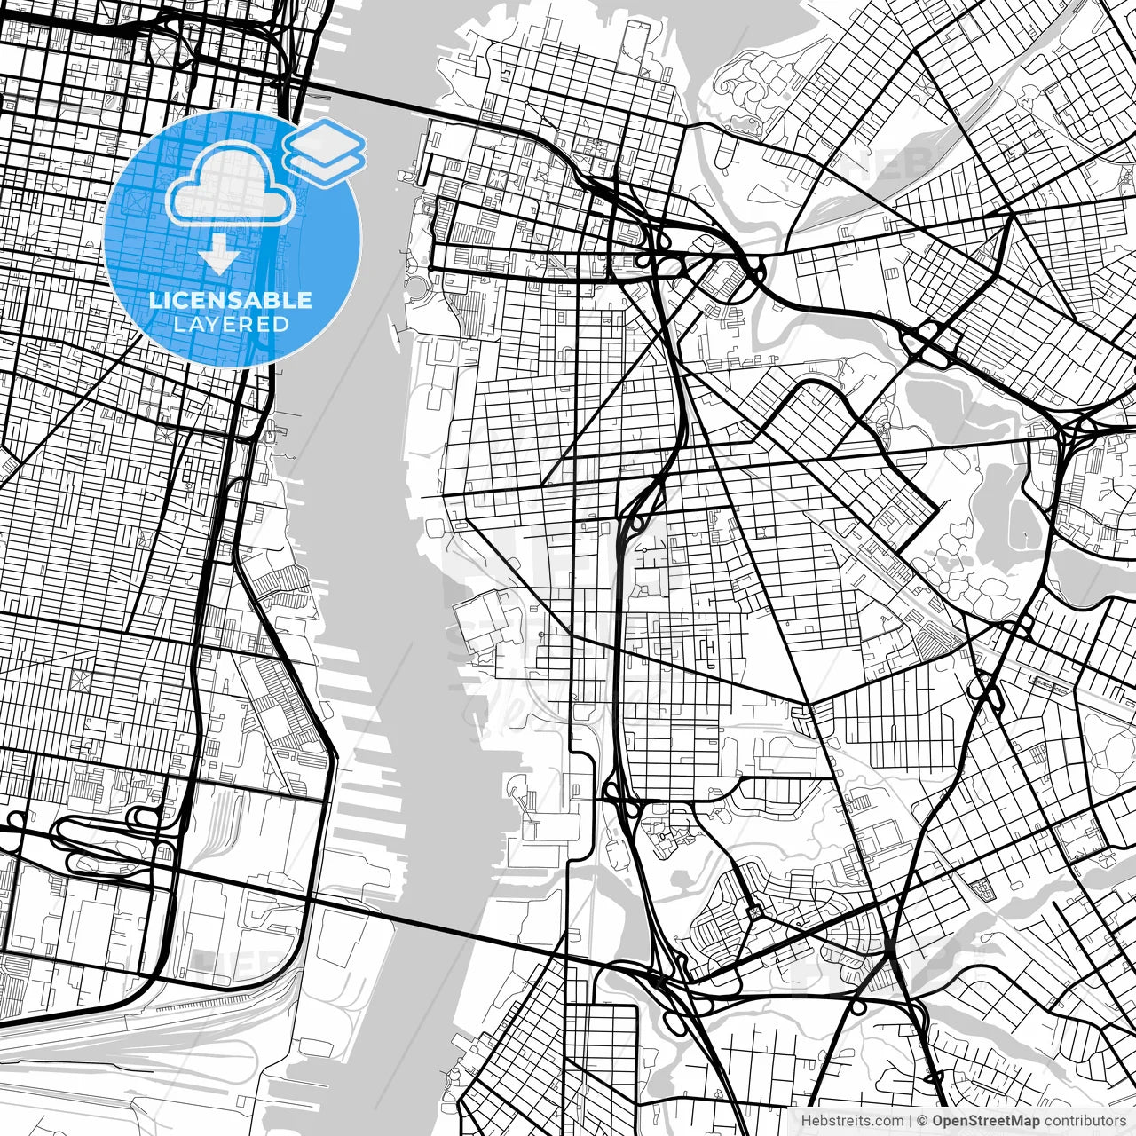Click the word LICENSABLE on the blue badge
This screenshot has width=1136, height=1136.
(x=231, y=300)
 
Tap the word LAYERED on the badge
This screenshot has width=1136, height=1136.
(x=231, y=324)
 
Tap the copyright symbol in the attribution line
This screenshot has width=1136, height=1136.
(x=922, y=1120)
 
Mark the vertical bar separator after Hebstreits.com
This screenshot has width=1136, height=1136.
(x=911, y=1120)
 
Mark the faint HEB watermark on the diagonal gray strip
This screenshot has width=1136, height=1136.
(x=896, y=164)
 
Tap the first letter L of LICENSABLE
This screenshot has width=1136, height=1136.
(x=154, y=300)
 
